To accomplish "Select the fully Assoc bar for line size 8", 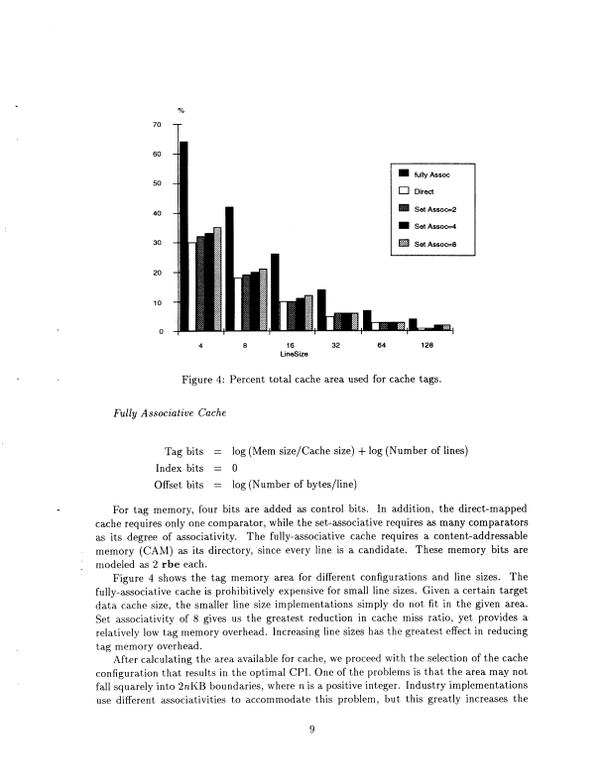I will (229, 268).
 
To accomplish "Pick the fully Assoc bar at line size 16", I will (275, 291).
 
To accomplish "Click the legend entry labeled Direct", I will (425, 191).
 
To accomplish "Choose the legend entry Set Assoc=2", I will (433, 208).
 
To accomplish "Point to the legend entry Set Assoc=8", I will (433, 243).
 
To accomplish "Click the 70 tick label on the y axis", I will (158, 125).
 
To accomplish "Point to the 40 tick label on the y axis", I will (158, 213).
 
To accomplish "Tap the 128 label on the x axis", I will (426, 346).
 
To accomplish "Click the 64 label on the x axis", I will (381, 346).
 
